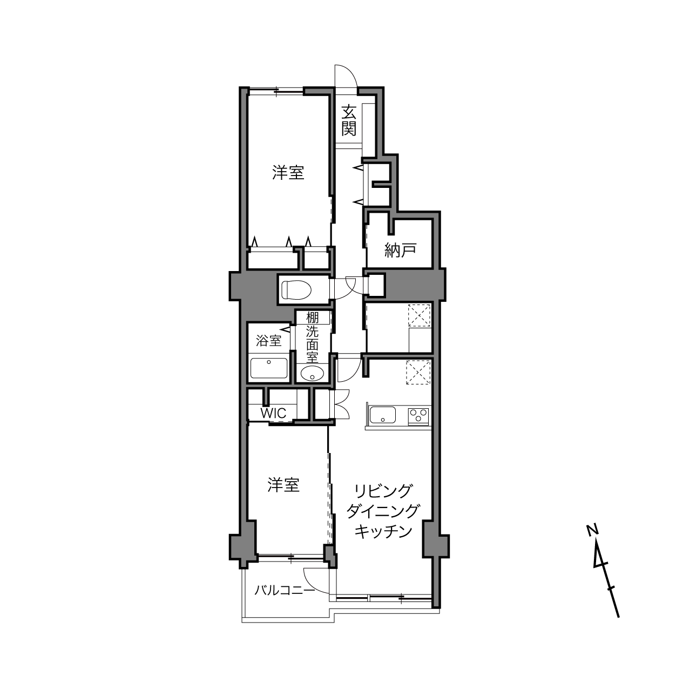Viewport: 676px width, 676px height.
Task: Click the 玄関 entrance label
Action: coord(349,120)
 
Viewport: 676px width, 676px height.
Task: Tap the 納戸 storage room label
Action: coord(400,250)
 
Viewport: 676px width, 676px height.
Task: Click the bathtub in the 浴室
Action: coord(269,368)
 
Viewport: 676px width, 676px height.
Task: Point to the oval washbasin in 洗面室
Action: coord(312,373)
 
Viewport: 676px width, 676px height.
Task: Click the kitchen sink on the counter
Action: coord(383,415)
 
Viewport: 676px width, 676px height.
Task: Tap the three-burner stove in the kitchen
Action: coord(419,416)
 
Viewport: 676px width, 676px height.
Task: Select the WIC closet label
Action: coord(273,413)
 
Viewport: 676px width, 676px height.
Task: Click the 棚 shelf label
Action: coord(312,318)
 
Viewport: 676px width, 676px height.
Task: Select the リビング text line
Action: coord(383,491)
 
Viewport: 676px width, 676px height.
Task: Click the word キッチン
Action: coord(383,531)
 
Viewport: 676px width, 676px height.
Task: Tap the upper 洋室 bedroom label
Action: coord(288,173)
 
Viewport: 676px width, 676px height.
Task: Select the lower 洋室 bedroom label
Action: coord(283,485)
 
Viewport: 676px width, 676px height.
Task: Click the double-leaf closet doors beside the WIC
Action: coord(340,404)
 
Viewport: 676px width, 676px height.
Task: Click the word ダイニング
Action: coord(383,511)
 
